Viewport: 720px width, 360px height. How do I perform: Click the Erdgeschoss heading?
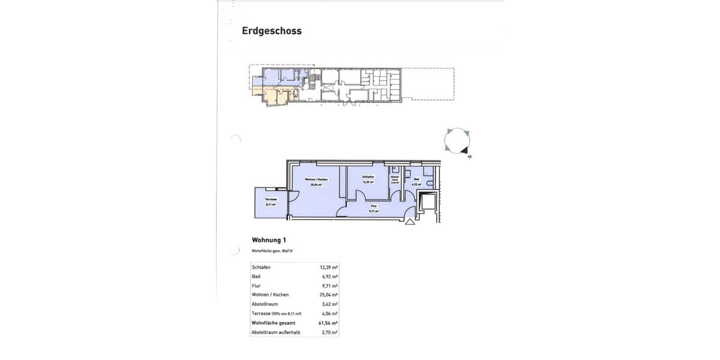(x=271, y=31)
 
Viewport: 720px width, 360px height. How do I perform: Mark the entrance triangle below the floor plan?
(x=410, y=222)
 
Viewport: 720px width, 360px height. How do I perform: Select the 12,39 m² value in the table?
(x=328, y=266)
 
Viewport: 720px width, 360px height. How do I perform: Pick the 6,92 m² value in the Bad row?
(x=329, y=276)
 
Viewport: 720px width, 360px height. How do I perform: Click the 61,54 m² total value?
(x=328, y=323)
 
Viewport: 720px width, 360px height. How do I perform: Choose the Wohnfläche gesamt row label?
(x=274, y=323)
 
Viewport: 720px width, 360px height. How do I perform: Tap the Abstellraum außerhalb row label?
(x=276, y=332)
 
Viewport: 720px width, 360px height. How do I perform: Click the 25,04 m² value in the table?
(x=328, y=295)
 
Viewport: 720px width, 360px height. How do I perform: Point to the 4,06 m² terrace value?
(x=329, y=313)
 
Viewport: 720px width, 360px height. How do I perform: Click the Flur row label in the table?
(x=256, y=286)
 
